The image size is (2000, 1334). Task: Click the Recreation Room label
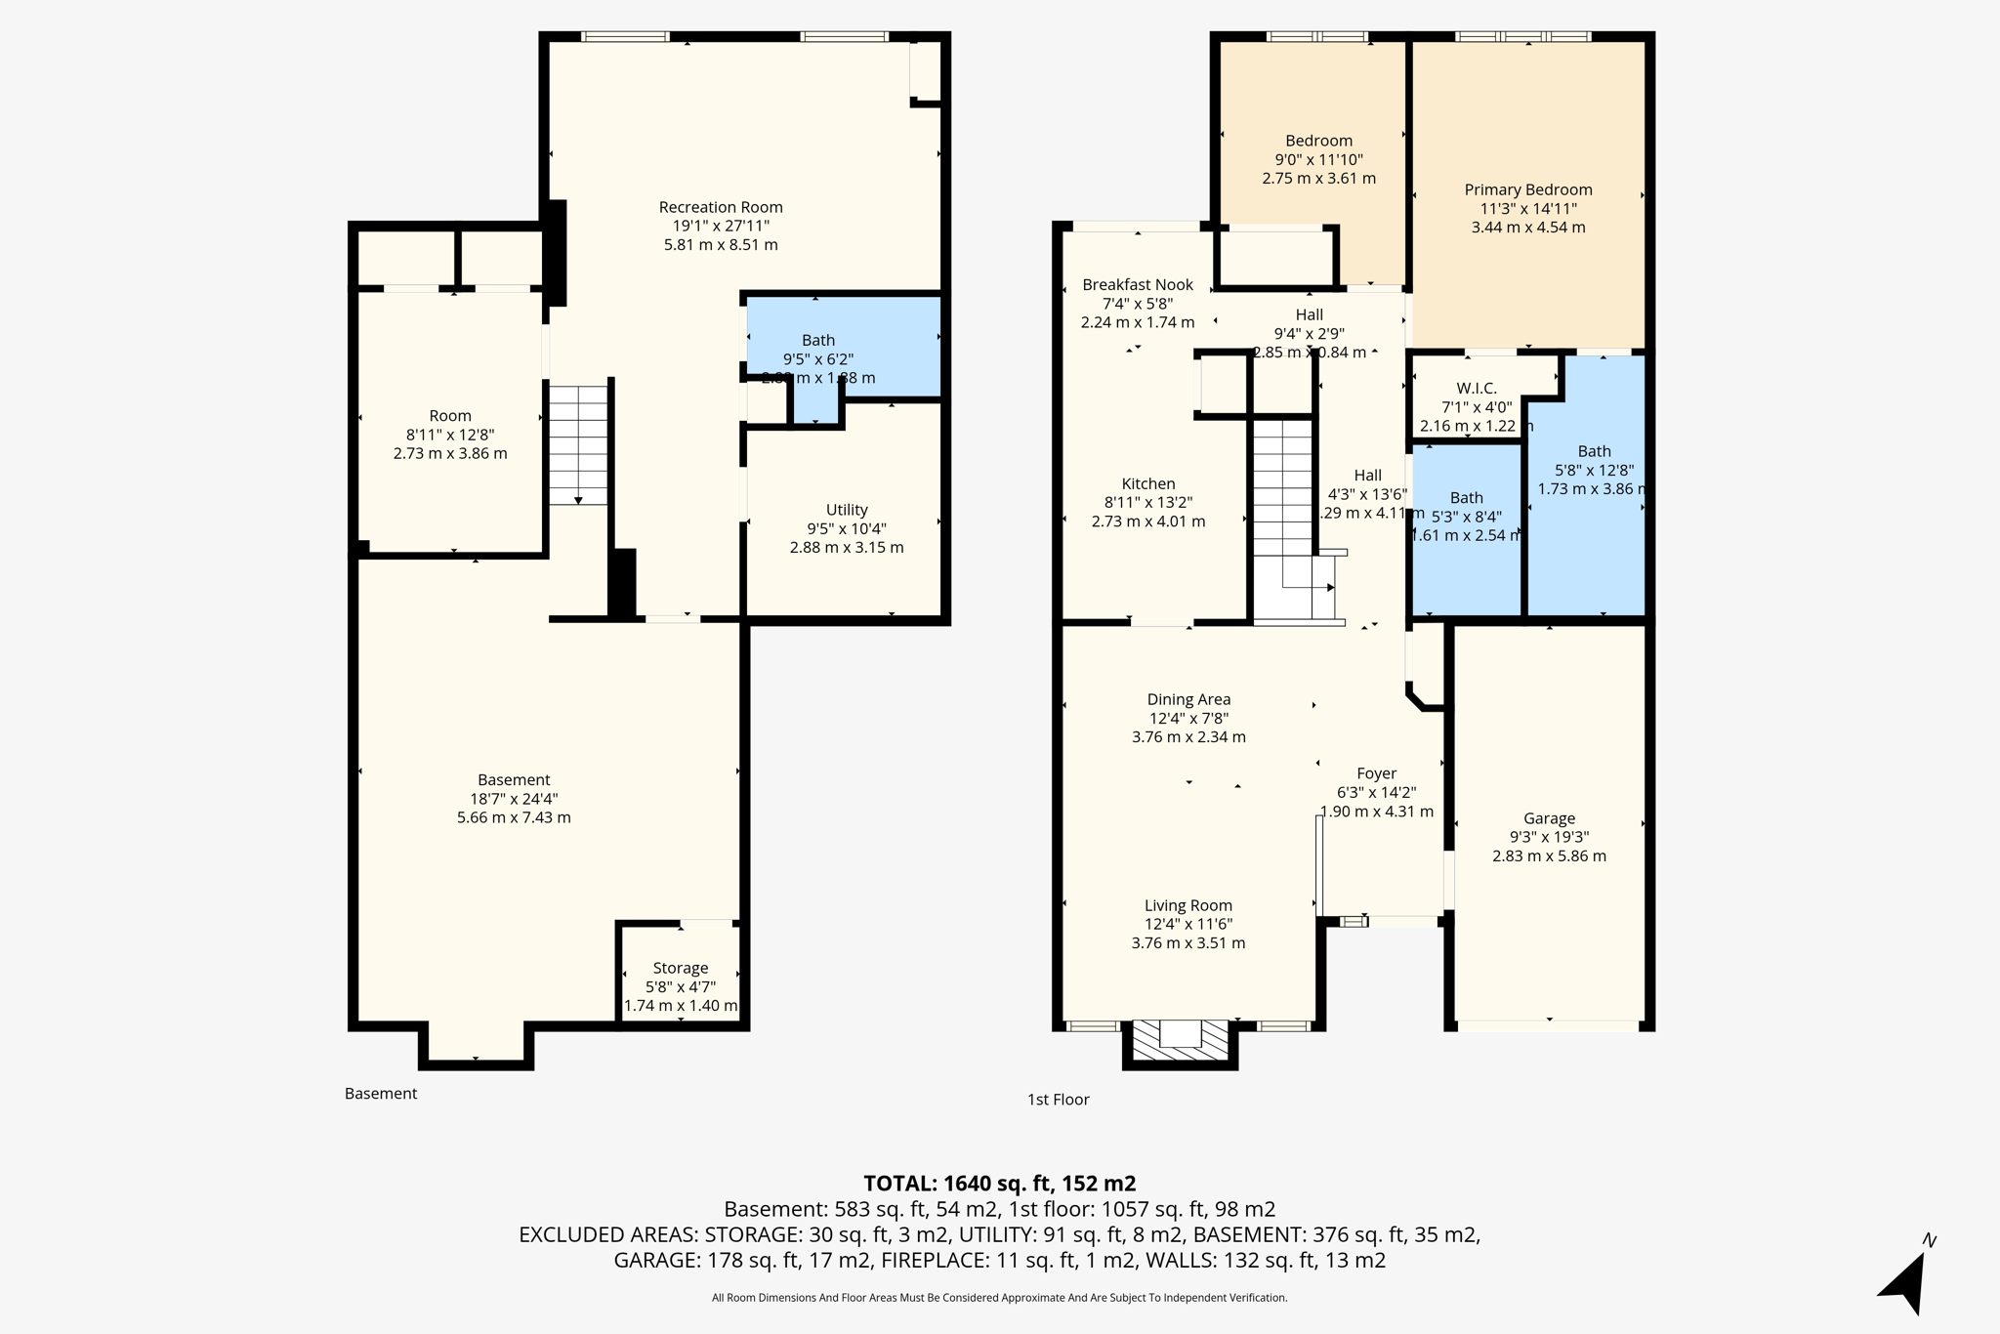click(x=721, y=207)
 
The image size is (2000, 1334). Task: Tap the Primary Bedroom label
click(x=1527, y=189)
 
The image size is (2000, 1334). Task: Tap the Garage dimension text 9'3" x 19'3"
click(x=1549, y=837)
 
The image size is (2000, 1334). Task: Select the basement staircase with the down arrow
click(x=578, y=444)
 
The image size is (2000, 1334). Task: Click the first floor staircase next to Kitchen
click(x=1282, y=488)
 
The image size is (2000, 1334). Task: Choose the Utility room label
click(x=846, y=510)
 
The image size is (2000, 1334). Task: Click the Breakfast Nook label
click(x=1137, y=284)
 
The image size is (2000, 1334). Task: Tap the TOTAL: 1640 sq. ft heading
click(x=999, y=1184)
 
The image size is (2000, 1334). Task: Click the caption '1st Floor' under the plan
click(x=1058, y=1100)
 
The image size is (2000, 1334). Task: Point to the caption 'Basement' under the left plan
click(x=380, y=1094)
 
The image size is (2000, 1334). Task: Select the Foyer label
click(x=1376, y=773)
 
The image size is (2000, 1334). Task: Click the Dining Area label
click(x=1188, y=699)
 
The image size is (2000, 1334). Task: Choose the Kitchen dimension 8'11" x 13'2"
click(x=1147, y=502)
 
